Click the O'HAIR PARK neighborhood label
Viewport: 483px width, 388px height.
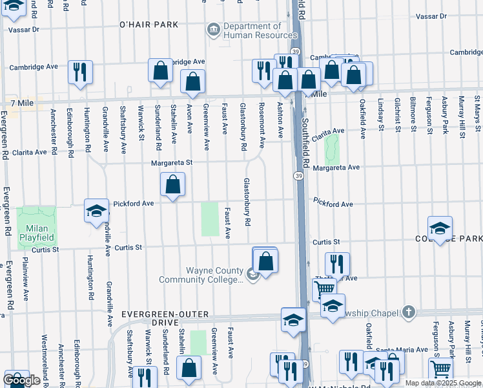tap(148, 25)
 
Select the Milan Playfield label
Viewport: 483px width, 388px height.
tap(36, 233)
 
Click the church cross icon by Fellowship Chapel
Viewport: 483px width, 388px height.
tap(407, 312)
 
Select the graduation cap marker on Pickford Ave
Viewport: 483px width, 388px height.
tap(96, 210)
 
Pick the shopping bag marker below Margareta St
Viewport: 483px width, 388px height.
tap(172, 184)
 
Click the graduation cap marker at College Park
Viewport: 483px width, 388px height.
tap(440, 228)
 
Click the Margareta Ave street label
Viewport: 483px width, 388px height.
tap(336, 167)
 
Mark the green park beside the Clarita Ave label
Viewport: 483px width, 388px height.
tap(332, 148)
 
